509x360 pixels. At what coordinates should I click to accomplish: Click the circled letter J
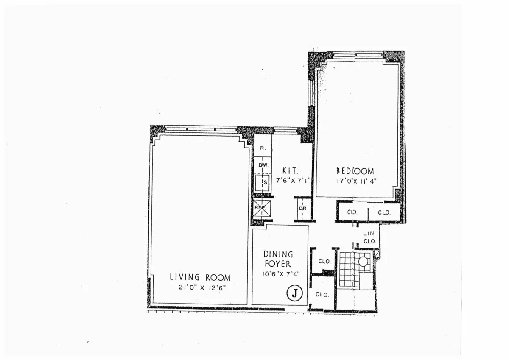point(294,293)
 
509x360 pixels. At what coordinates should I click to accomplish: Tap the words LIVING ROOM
point(200,278)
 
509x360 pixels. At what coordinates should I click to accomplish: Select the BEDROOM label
point(355,171)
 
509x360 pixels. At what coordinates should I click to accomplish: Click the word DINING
point(278,254)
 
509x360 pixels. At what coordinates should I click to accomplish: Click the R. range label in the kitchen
point(263,148)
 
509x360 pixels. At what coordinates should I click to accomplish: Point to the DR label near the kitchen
point(303,208)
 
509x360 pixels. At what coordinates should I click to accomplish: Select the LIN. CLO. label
point(369,237)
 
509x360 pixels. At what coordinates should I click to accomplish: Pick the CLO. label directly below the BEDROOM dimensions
point(352,212)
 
